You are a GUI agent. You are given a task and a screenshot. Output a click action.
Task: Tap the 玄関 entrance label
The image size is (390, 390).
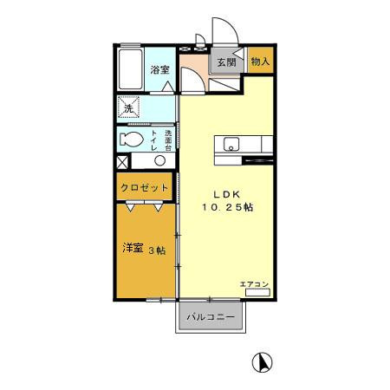[x=226, y=62]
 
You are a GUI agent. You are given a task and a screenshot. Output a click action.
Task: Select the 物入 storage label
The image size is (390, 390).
[x=260, y=62]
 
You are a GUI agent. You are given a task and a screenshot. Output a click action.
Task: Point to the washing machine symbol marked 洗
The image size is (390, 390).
[x=128, y=108]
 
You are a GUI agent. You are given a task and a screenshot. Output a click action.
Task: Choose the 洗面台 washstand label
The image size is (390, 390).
[x=168, y=140]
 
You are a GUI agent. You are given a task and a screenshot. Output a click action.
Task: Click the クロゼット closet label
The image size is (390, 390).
[x=144, y=187]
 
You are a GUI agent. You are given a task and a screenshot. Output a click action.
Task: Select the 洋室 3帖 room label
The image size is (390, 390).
[x=144, y=249]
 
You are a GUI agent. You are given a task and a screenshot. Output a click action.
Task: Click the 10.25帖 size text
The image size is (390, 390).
[x=229, y=208]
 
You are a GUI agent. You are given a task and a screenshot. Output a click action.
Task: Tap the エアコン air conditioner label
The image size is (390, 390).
[x=255, y=284]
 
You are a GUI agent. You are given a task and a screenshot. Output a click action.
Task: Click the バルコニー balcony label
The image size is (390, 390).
[x=212, y=318]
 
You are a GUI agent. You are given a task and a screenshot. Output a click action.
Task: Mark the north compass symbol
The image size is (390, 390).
[x=258, y=361]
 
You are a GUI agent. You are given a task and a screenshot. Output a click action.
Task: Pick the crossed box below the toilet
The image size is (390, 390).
[x=122, y=161]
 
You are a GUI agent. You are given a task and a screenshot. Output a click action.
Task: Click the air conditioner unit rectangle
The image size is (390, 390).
[x=257, y=293]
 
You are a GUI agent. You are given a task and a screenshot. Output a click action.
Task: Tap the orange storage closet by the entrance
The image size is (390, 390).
[x=260, y=62]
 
